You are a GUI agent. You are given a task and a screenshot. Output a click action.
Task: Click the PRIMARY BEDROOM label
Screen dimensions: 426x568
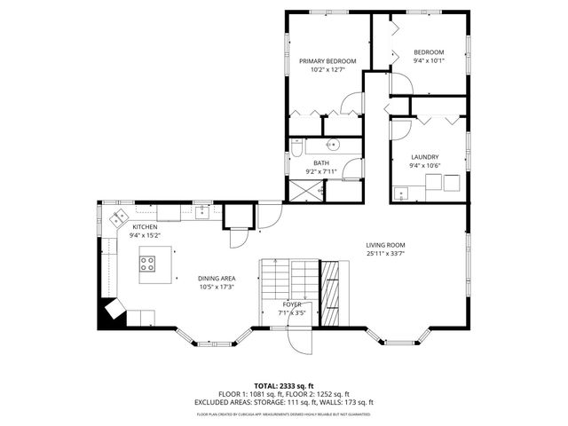(x=327, y=61)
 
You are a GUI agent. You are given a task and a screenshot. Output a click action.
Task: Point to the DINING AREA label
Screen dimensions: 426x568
(x=216, y=279)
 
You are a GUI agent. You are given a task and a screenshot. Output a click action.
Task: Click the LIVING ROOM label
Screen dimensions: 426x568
(x=385, y=245)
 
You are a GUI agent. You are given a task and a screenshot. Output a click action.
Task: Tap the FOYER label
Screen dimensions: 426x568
(x=292, y=304)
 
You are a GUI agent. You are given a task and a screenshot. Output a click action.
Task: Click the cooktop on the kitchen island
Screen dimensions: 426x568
(x=148, y=263)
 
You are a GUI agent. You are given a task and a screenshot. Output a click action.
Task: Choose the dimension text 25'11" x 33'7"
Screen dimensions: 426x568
(x=385, y=254)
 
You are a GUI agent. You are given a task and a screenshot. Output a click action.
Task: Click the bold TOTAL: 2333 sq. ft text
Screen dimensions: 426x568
(x=284, y=386)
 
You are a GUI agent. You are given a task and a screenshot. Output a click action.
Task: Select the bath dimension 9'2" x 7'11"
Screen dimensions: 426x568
(x=321, y=171)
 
